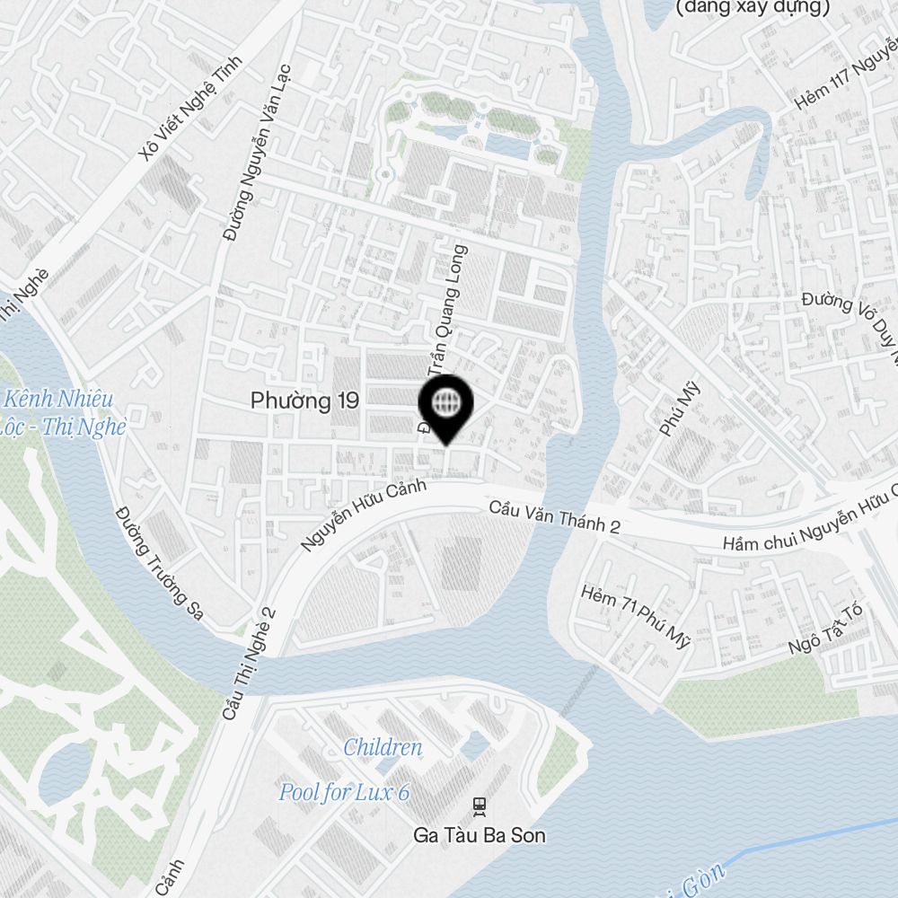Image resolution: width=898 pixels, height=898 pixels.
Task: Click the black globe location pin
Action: click(445, 405)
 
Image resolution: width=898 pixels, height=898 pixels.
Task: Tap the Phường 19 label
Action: click(304, 401)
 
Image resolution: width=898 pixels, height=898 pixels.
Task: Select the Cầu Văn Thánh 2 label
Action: click(554, 518)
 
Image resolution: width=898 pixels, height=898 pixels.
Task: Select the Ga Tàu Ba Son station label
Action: click(479, 835)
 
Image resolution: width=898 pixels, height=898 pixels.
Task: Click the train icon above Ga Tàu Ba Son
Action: click(480, 806)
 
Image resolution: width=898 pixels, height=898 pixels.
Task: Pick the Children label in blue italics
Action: click(383, 747)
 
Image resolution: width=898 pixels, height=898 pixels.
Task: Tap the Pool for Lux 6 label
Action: click(344, 792)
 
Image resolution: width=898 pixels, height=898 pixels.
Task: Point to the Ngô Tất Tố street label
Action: click(824, 629)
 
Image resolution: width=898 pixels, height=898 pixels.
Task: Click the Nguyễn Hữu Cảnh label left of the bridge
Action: click(351, 517)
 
